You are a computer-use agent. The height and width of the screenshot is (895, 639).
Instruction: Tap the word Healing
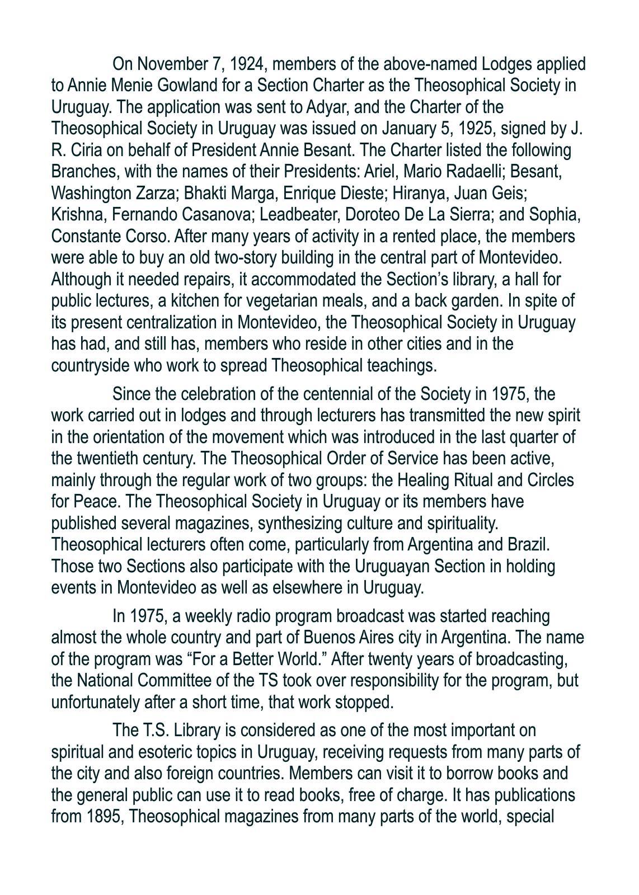(447, 481)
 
